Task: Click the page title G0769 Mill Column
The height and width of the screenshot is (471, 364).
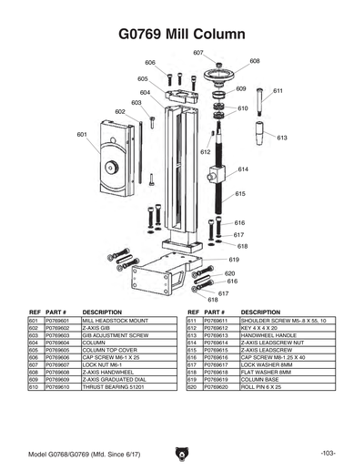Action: click(182, 35)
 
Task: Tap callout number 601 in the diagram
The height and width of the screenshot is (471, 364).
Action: click(82, 134)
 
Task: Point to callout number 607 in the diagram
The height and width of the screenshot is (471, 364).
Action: click(197, 53)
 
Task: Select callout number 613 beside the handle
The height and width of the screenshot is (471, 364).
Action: click(282, 138)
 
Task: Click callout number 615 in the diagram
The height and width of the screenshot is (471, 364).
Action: click(241, 193)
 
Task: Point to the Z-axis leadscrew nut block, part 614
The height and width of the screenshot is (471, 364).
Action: click(218, 173)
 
